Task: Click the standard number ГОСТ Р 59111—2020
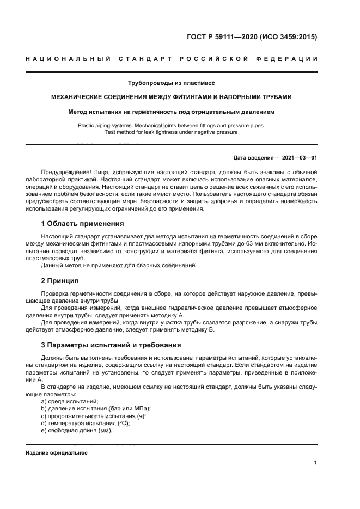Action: tap(224, 38)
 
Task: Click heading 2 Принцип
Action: tap(60, 280)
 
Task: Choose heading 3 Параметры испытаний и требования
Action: tap(112, 345)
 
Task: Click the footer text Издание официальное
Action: tap(56, 452)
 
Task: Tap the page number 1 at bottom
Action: tap(315, 463)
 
